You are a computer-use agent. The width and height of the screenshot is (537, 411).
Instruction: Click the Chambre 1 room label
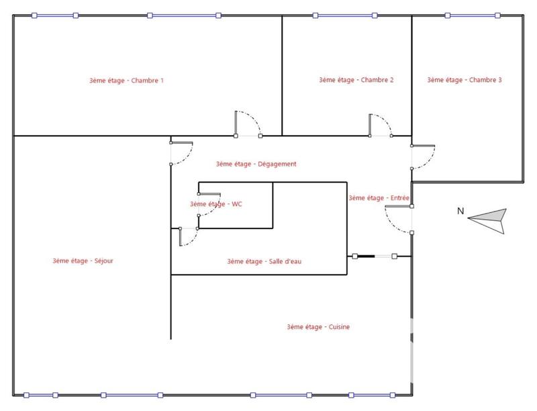(x=126, y=81)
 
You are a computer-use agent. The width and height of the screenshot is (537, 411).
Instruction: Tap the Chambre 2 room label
(x=356, y=80)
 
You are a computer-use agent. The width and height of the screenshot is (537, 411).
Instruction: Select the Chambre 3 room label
(x=465, y=80)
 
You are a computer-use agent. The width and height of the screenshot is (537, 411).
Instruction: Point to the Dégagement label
(x=256, y=164)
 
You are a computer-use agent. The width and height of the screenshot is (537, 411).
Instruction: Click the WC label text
(x=215, y=204)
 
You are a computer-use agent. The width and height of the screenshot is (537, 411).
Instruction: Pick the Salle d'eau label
(x=264, y=261)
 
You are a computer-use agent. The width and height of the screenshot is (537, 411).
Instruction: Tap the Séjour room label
(x=83, y=261)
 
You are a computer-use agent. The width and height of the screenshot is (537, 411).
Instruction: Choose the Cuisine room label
(x=318, y=327)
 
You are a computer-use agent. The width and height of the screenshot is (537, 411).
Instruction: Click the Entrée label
(x=379, y=198)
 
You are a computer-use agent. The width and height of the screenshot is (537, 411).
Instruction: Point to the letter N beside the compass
(x=460, y=212)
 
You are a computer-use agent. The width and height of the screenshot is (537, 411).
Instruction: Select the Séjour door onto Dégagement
(x=182, y=153)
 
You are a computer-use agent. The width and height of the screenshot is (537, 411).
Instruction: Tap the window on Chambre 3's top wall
(x=473, y=15)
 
